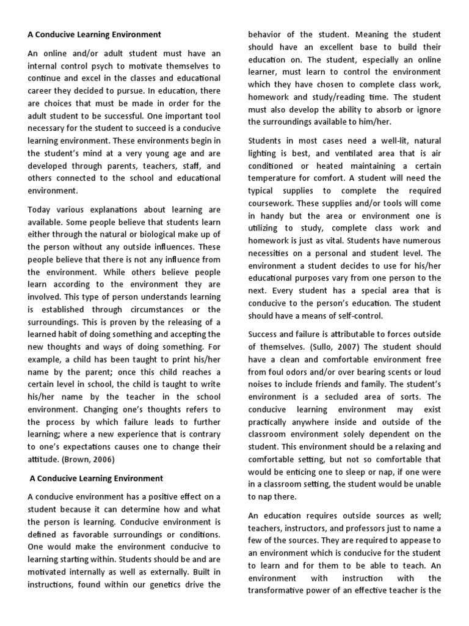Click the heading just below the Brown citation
[96, 478]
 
